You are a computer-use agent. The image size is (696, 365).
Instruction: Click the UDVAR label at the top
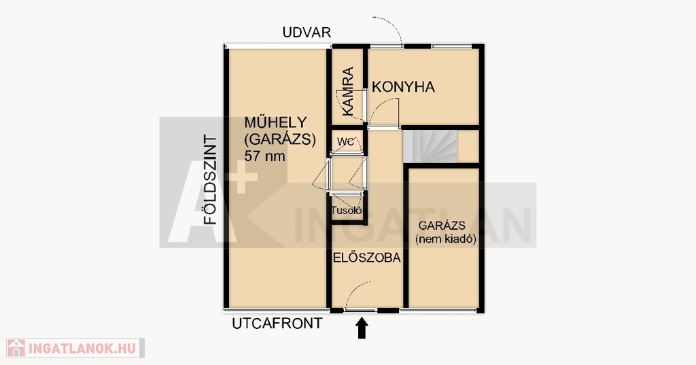tap(307, 33)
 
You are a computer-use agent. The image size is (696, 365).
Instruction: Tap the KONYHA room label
tap(403, 87)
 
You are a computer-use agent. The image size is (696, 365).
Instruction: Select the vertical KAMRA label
tap(349, 92)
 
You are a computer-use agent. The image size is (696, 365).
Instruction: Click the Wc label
tap(345, 141)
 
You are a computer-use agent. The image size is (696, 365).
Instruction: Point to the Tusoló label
tap(347, 211)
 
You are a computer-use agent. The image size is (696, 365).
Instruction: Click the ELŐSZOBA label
tap(367, 258)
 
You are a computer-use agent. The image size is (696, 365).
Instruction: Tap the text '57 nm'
tap(264, 156)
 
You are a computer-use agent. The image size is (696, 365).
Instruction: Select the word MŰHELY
tap(276, 122)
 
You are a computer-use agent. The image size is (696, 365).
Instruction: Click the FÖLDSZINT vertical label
tap(210, 180)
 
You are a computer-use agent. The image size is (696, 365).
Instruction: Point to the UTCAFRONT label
tap(277, 324)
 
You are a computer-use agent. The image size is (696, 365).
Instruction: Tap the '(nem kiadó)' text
tap(446, 240)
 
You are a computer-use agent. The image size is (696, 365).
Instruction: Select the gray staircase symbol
tap(430, 145)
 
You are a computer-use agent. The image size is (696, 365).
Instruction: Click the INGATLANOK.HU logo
tap(75, 348)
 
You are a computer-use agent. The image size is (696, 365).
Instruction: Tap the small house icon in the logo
tap(16, 348)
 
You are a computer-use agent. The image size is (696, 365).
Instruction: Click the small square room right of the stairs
tap(468, 146)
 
